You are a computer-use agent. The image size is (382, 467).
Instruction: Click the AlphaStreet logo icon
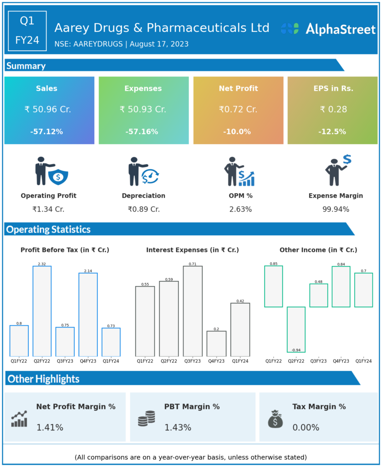coord(290,29)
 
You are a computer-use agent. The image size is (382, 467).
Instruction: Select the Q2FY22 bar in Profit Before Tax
coord(42,311)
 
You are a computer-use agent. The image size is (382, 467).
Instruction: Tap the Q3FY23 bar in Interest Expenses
coord(193,311)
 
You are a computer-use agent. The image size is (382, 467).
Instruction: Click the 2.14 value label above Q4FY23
coord(88,271)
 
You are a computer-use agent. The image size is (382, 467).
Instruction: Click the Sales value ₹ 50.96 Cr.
coord(48,109)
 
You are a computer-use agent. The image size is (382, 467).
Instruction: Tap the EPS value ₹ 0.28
coord(333,109)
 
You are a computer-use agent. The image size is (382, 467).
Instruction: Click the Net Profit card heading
coord(238,88)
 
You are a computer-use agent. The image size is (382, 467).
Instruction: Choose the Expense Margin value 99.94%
coord(336,209)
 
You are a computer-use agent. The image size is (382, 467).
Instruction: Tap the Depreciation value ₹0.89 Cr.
coord(143,209)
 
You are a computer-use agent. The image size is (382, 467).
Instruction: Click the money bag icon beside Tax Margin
coord(275,419)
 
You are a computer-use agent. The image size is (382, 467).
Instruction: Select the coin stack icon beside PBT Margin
coord(146,418)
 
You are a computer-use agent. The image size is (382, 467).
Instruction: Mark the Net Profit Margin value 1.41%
coord(50,428)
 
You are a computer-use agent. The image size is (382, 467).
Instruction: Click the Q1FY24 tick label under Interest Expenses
coord(240,361)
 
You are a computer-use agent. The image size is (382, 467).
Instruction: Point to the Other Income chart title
coord(318,250)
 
